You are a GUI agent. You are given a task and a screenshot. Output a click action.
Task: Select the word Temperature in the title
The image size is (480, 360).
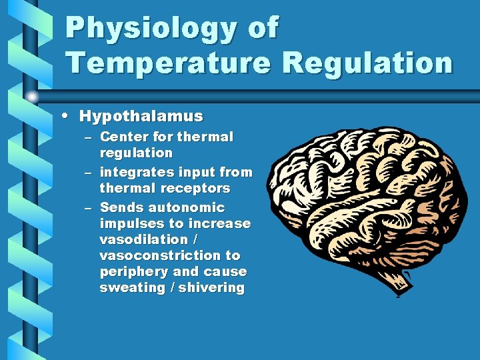point(168,63)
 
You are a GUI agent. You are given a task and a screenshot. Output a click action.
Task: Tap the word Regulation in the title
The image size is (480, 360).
point(367,63)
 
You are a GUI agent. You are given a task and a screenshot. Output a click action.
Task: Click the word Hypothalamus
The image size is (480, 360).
point(141,116)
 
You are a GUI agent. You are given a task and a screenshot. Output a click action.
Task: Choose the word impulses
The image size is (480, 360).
point(131,223)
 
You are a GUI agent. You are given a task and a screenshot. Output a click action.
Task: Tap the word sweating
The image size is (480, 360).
point(131,287)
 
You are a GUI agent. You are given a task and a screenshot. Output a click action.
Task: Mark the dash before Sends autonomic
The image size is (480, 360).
point(89,208)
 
